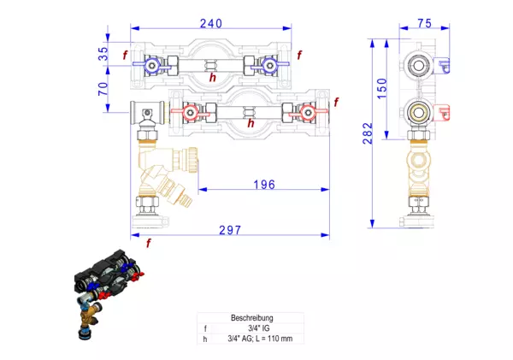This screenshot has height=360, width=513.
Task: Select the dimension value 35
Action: pos(103,54)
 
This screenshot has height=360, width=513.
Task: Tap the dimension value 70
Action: pos(103,88)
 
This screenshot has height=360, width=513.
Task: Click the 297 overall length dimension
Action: pos(228,230)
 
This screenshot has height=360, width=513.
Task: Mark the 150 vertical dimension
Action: pos(382,86)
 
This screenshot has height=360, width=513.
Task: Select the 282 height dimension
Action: pos(367,133)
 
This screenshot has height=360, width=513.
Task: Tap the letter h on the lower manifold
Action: pos(251,123)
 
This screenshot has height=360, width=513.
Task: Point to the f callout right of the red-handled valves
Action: pos(336,103)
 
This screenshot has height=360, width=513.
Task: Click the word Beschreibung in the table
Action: pos(252,317)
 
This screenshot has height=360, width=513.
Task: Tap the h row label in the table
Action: pos(205,338)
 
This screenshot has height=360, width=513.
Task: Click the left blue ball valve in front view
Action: pos(152,64)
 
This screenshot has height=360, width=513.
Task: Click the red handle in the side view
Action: pos(442,111)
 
